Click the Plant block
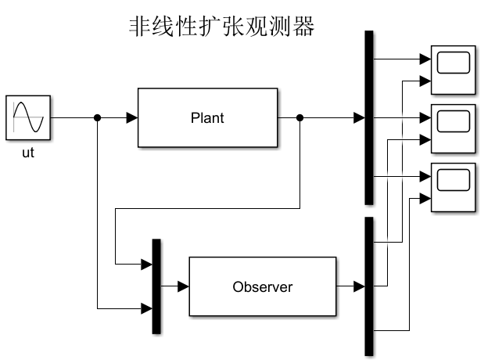click(x=207, y=118)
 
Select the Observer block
click(x=263, y=286)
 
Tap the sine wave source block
click(x=29, y=118)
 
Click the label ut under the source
click(x=28, y=153)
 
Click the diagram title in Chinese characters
click(x=221, y=27)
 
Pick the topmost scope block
click(x=454, y=63)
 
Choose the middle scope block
click(x=454, y=121)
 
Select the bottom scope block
click(x=454, y=181)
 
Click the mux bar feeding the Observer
click(x=156, y=286)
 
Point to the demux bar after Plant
click(x=369, y=117)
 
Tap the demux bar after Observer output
click(x=369, y=286)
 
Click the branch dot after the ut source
click(x=97, y=118)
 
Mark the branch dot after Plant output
click(x=301, y=118)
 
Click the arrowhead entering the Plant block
click(x=132, y=118)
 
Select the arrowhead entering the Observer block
click(x=183, y=286)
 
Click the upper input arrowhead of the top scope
click(x=426, y=59)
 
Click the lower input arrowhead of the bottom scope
click(x=426, y=198)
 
